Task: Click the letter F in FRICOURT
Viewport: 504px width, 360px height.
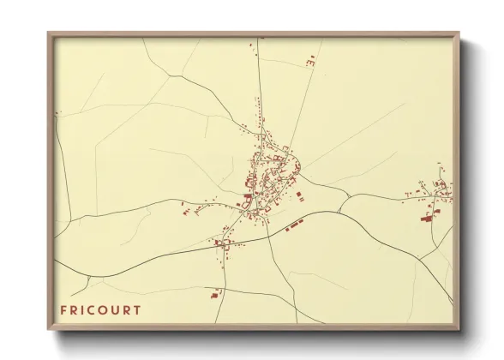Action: [63, 309]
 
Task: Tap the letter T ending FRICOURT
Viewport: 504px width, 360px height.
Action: [137, 309]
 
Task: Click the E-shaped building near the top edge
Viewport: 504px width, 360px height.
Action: [311, 61]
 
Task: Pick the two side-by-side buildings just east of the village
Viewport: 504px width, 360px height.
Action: [300, 197]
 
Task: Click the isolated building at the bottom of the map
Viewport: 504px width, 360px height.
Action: [214, 295]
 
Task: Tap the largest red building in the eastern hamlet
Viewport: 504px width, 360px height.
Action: [427, 219]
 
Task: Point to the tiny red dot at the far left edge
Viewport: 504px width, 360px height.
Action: [57, 113]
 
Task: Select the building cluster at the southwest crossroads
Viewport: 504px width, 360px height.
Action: [225, 243]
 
